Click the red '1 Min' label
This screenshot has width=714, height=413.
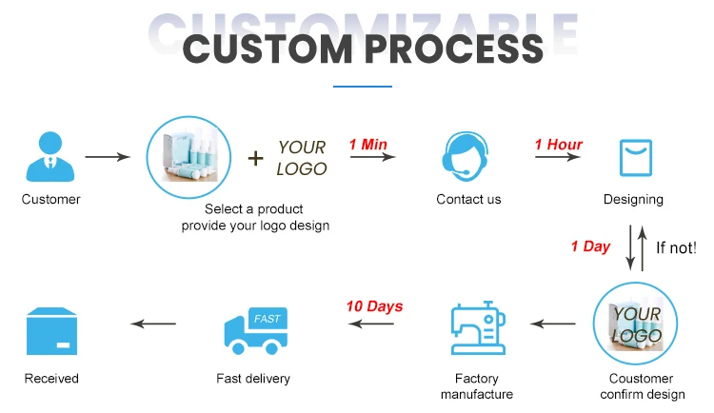coord(368,145)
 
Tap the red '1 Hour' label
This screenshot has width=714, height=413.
coord(559,145)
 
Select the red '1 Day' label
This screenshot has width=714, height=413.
coord(590,246)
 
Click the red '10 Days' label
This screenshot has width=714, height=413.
coord(374,306)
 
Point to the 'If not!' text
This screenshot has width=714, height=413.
coord(677,248)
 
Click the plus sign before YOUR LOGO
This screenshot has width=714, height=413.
coord(255,158)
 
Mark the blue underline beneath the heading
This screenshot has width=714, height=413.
coord(363,87)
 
